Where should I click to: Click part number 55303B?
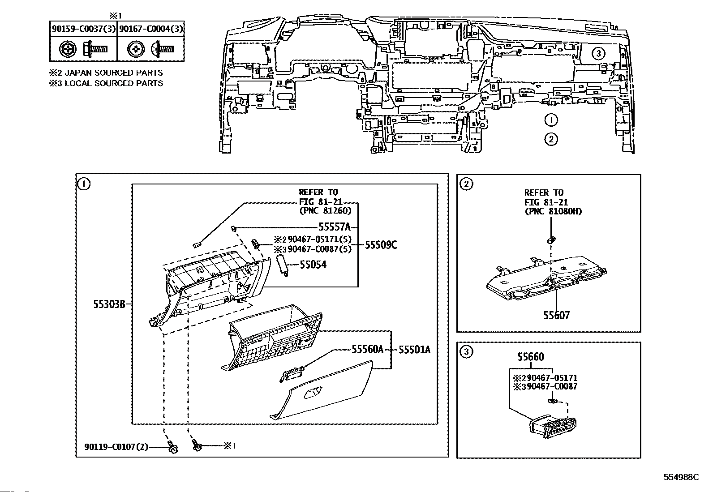pyautogui.click(x=109, y=304)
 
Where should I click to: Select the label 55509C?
pyautogui.click(x=381, y=245)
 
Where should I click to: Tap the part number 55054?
pyautogui.click(x=313, y=265)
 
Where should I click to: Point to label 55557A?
pyautogui.click(x=335, y=227)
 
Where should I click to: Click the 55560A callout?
pyautogui.click(x=367, y=350)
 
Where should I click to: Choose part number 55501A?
pyautogui.click(x=414, y=350)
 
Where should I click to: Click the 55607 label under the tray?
pyautogui.click(x=556, y=315)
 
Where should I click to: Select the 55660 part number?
pyautogui.click(x=531, y=357)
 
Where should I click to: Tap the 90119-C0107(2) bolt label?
pyautogui.click(x=116, y=447)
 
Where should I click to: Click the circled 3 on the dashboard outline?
pyautogui.click(x=598, y=53)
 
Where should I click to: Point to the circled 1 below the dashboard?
pyautogui.click(x=551, y=120)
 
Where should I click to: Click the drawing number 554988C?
pyautogui.click(x=681, y=477)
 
